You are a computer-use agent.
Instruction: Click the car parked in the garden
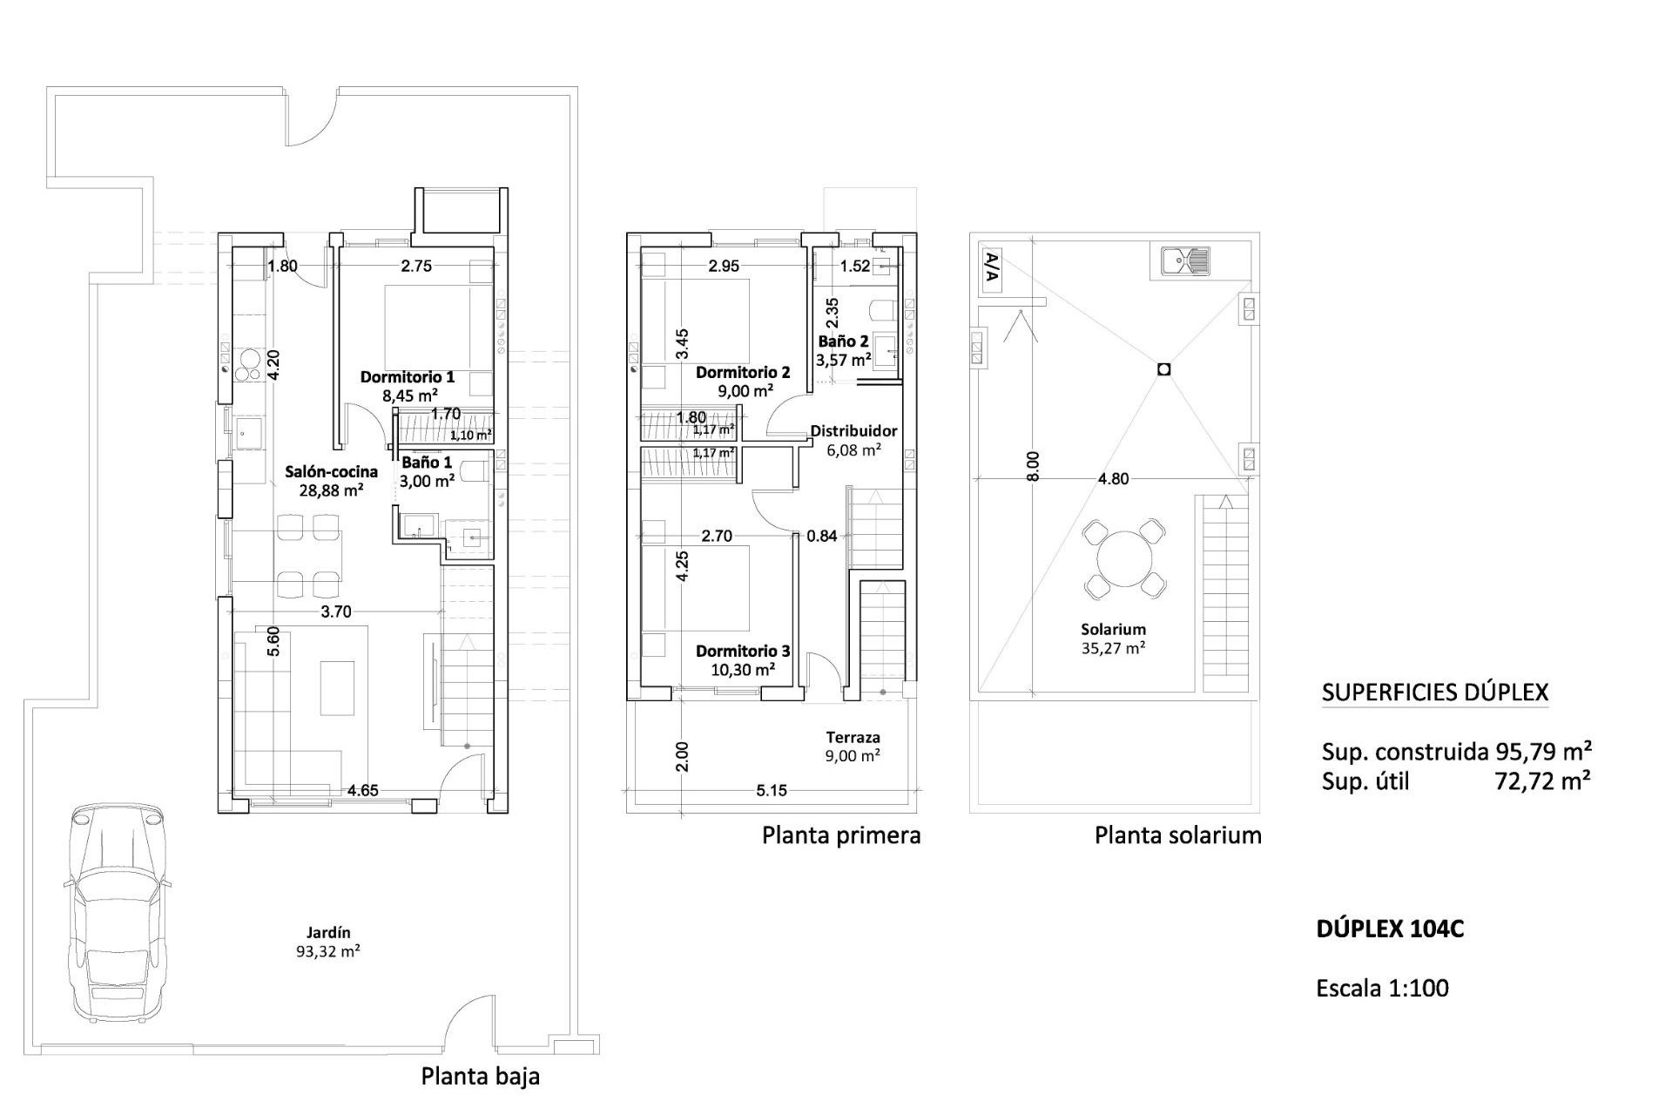pyautogui.click(x=115, y=911)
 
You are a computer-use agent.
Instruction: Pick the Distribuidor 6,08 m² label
pyautogui.click(x=853, y=440)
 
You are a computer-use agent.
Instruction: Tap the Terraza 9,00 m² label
pyautogui.click(x=853, y=747)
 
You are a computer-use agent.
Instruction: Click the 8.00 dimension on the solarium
pyautogui.click(x=1033, y=466)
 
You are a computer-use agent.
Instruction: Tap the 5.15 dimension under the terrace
pyautogui.click(x=772, y=791)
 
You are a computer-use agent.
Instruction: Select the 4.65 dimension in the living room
pyautogui.click(x=362, y=791)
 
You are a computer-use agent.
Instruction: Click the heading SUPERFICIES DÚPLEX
pyautogui.click(x=1434, y=693)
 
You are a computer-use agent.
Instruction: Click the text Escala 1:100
pyautogui.click(x=1382, y=988)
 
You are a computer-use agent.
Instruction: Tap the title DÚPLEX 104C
pyautogui.click(x=1390, y=929)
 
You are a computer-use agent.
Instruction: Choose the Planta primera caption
pyautogui.click(x=841, y=835)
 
